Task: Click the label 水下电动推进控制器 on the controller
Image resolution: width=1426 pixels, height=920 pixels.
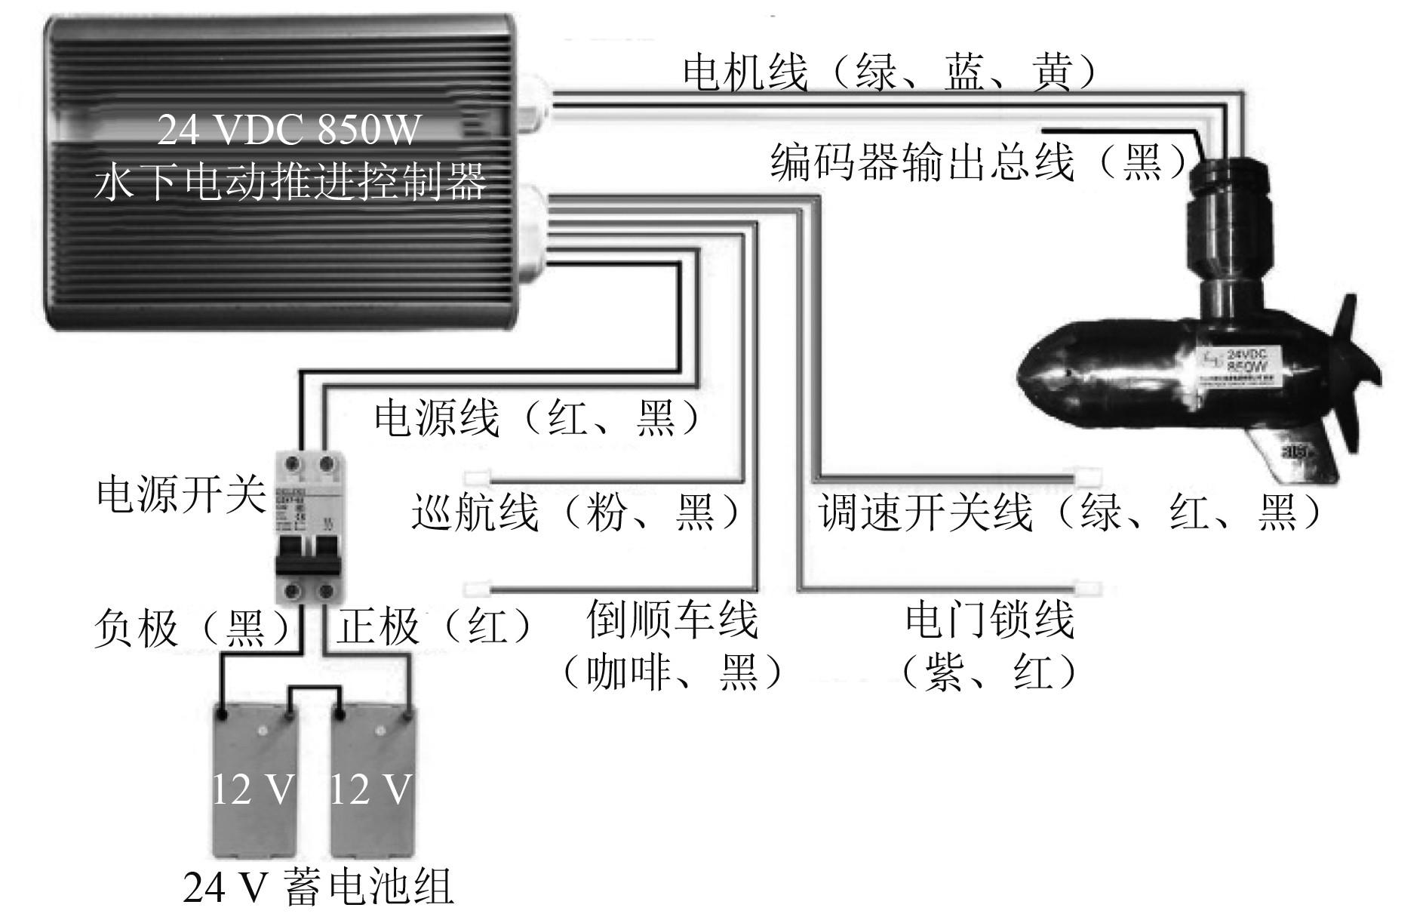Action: (290, 181)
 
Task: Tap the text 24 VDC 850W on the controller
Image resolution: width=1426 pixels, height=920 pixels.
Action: (288, 130)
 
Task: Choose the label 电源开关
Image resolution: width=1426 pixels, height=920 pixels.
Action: (182, 495)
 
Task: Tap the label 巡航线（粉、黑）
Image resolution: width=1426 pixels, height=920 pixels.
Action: (576, 512)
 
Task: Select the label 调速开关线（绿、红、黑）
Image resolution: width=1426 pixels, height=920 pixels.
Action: (1071, 512)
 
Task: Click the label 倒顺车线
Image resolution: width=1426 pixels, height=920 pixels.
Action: (672, 620)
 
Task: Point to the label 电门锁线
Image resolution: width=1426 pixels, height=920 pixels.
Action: (989, 620)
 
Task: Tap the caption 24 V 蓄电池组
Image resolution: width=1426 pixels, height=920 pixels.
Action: (318, 888)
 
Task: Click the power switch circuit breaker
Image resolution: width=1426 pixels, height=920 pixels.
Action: (309, 526)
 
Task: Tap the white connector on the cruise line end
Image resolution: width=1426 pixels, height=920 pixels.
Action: (477, 478)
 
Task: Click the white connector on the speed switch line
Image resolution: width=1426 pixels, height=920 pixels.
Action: (1087, 477)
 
